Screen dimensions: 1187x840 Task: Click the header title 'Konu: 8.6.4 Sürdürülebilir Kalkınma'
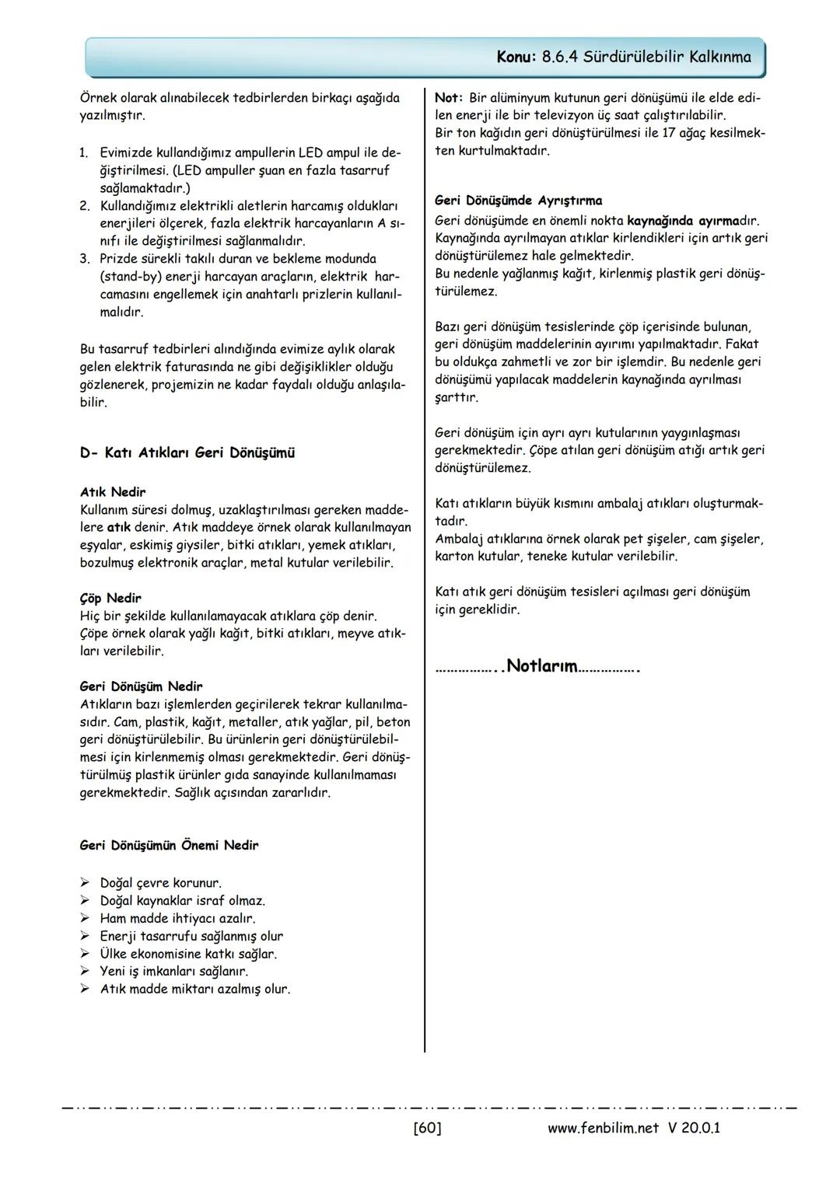pyautogui.click(x=624, y=58)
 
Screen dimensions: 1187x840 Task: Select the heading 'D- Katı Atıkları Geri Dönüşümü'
pyautogui.click(x=187, y=453)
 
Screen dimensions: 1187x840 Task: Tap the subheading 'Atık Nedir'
pyautogui.click(x=113, y=492)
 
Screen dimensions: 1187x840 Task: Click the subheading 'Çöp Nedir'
pyautogui.click(x=110, y=598)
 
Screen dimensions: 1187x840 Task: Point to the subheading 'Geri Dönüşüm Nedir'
pyautogui.click(x=141, y=686)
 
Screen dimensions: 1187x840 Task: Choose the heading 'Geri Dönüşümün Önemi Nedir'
pyautogui.click(x=169, y=845)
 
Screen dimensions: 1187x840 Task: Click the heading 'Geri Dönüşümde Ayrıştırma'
pyautogui.click(x=518, y=201)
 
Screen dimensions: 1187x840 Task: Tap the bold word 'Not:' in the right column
pyautogui.click(x=449, y=98)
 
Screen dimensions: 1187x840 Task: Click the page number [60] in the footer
pyautogui.click(x=427, y=1127)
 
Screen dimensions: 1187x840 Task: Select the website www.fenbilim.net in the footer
pyautogui.click(x=603, y=1127)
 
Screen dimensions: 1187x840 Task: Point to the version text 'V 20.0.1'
pyautogui.click(x=693, y=1127)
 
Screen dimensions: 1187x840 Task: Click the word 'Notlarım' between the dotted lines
pyautogui.click(x=542, y=666)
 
